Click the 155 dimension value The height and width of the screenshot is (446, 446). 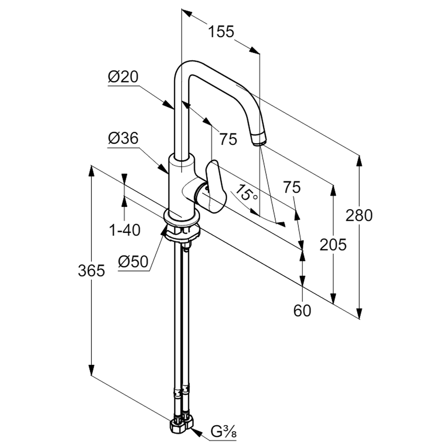221,32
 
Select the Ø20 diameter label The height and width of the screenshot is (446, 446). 123,78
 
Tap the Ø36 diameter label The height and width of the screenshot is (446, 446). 123,139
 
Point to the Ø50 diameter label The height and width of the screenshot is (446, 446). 133,262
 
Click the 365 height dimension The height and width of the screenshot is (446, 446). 91,270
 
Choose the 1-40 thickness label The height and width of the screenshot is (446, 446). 125,230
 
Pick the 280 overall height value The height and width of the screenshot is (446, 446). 359,215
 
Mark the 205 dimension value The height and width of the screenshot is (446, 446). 333,244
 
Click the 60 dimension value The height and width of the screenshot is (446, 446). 302,310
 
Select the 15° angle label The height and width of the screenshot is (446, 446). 247,193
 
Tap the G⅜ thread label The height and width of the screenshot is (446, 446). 223,432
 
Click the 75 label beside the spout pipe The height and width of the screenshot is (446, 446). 227,140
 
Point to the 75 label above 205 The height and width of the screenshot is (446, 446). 292,187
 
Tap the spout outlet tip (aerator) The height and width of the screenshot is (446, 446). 258,140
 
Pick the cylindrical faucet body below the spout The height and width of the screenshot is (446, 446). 181,183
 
